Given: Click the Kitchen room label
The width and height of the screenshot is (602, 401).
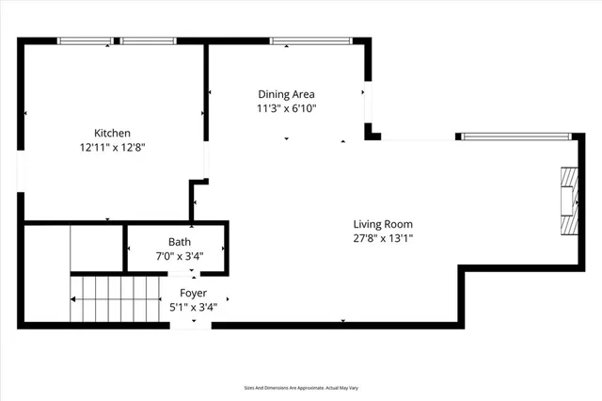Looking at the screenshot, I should click(111, 133).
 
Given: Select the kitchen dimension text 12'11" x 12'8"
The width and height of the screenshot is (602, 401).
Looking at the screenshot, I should click(111, 147).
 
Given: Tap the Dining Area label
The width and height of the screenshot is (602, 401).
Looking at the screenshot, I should click(286, 94).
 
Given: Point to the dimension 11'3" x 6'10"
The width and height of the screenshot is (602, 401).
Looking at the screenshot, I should click(286, 108).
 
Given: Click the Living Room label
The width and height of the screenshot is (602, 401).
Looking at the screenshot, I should click(383, 224).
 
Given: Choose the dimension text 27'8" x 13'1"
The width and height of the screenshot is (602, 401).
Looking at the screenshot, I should click(383, 238).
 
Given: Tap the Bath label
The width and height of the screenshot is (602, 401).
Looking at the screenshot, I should click(179, 242).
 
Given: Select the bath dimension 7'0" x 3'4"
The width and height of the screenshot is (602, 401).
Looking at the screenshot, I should click(179, 256).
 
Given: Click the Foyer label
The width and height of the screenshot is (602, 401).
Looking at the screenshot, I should click(193, 293).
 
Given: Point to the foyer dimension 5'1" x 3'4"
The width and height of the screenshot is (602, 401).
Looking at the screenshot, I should click(193, 306).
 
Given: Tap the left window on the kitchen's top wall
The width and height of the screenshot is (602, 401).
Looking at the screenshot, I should click(85, 41).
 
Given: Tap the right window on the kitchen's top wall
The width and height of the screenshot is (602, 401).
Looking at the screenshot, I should click(148, 41).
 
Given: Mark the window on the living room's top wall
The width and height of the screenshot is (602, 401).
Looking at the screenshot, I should click(516, 137).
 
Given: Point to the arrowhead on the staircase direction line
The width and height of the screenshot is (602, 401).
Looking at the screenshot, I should click(72, 300).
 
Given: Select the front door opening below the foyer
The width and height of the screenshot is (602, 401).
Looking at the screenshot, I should click(194, 325).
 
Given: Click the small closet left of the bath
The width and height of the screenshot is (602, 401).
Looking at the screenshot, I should click(97, 248).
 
